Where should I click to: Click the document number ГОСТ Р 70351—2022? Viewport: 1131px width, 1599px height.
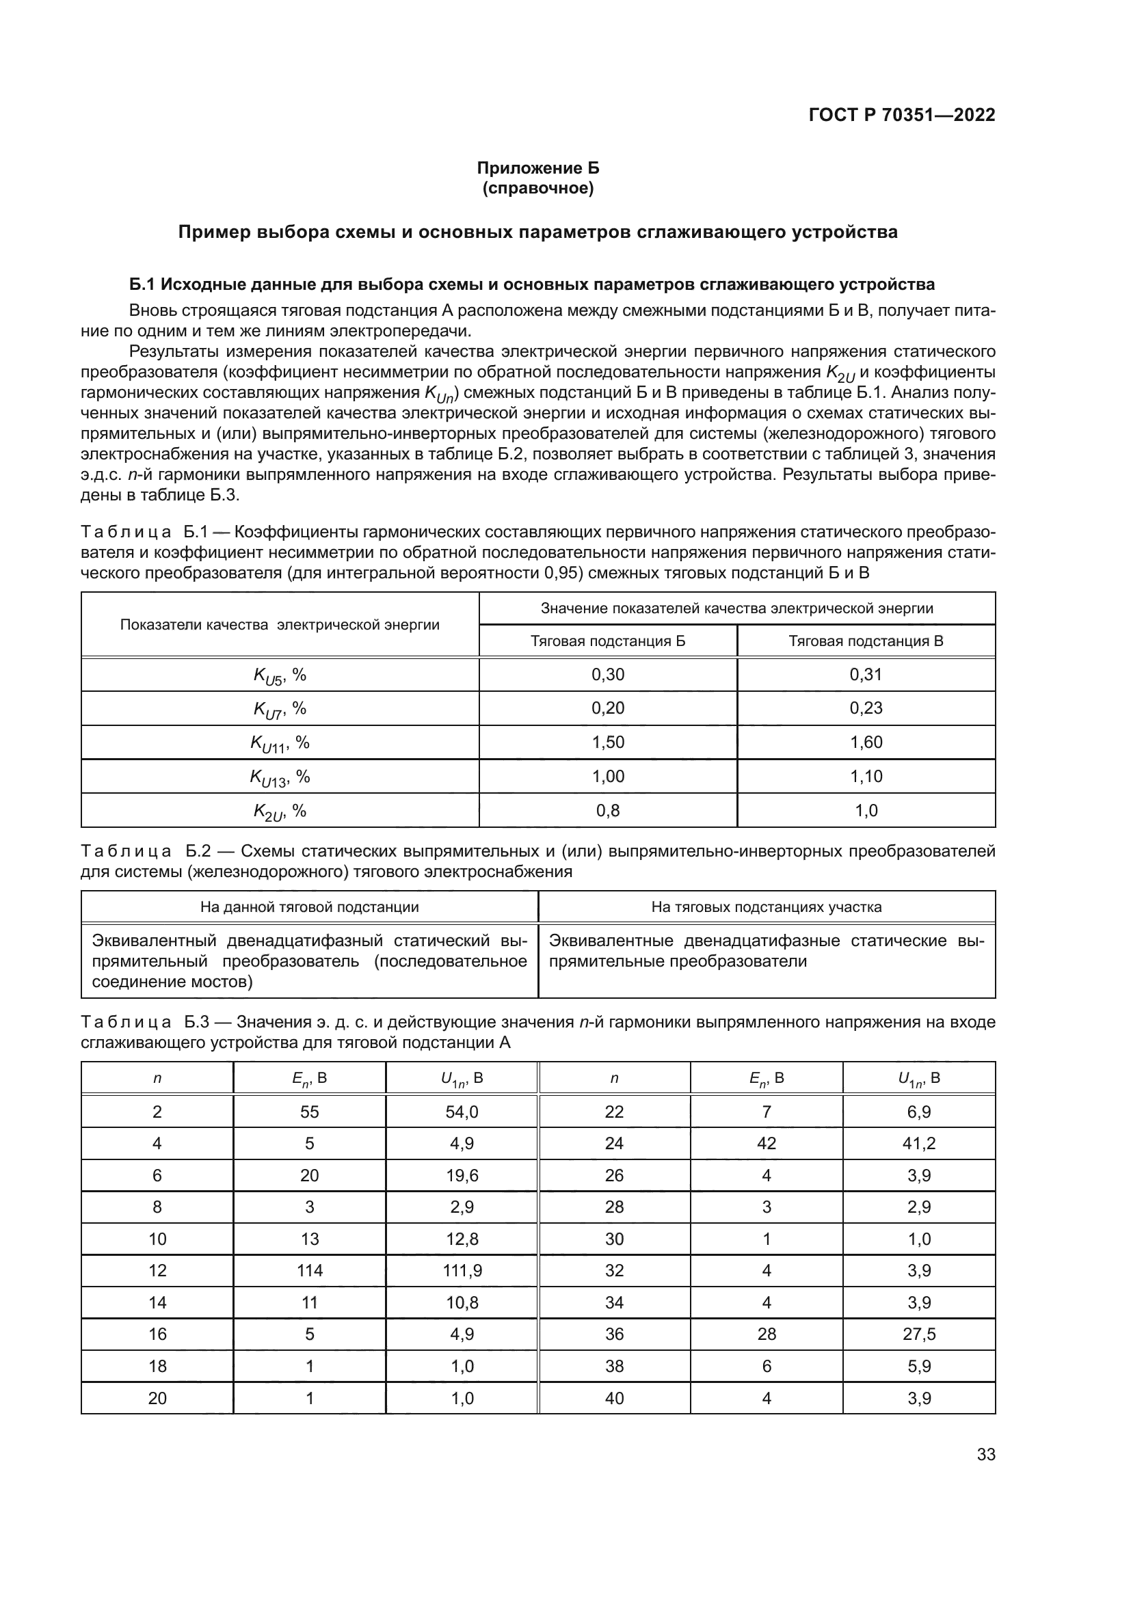point(902,115)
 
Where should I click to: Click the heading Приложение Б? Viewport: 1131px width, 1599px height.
point(537,168)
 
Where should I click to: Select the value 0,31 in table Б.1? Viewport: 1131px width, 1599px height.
point(866,674)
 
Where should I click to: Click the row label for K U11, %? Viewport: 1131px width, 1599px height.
point(280,743)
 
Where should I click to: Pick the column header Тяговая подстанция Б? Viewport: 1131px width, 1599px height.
point(607,641)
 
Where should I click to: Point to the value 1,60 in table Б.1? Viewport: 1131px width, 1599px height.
point(866,742)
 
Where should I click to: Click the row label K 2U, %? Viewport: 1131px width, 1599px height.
point(280,811)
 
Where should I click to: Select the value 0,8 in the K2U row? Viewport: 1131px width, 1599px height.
point(607,811)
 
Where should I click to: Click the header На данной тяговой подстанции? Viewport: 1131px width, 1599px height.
point(309,906)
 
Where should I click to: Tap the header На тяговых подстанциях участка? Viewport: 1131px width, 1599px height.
point(766,906)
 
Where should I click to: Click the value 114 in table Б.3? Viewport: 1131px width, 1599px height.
point(309,1270)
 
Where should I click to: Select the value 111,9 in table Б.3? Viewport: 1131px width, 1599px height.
point(462,1270)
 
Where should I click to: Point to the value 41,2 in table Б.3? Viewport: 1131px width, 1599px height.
point(918,1143)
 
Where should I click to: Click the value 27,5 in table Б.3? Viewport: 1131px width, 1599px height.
point(918,1334)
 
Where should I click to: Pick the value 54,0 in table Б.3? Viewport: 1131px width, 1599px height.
point(462,1112)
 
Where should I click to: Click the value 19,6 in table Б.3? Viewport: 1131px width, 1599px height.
point(462,1176)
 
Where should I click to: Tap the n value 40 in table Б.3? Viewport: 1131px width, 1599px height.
point(614,1398)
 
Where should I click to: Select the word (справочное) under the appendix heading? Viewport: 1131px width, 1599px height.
point(537,188)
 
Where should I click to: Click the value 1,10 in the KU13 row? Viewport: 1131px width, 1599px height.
point(866,776)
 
